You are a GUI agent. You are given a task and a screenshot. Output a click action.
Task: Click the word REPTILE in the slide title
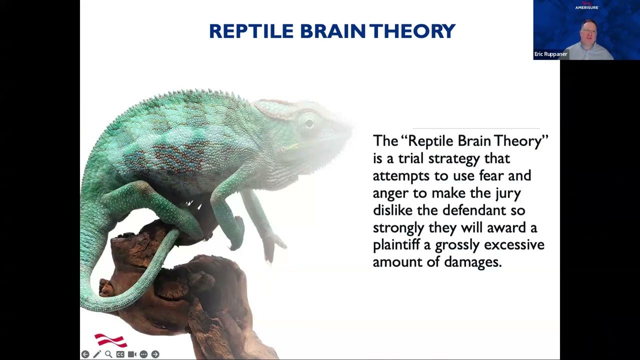(x=251, y=31)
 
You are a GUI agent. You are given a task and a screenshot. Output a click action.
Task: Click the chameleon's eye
(x=308, y=123)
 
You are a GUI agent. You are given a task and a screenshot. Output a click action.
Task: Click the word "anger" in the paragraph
(x=391, y=193)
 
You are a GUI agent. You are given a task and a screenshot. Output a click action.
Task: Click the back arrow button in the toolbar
(x=85, y=354)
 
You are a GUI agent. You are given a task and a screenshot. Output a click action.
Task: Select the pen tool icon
(x=97, y=354)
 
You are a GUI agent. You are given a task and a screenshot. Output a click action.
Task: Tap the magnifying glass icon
(x=108, y=354)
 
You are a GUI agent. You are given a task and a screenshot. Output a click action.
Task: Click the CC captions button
(x=120, y=354)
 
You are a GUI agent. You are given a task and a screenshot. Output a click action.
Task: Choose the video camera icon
(x=132, y=354)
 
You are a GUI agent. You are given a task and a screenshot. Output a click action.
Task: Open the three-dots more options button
(x=143, y=354)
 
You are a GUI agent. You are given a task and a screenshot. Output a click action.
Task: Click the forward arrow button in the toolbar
(x=155, y=354)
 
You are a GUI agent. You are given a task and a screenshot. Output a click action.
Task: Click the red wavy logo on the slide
(x=111, y=340)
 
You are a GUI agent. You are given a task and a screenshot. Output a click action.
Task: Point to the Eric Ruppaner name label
(x=550, y=54)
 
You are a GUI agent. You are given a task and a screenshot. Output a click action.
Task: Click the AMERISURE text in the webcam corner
(x=587, y=7)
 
